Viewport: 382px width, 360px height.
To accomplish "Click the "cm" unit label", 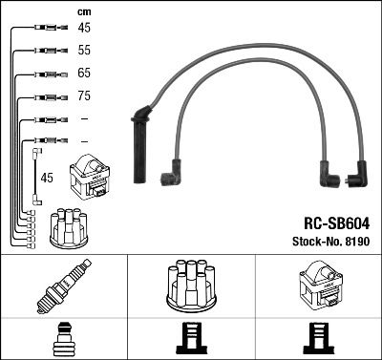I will click(x=83, y=11).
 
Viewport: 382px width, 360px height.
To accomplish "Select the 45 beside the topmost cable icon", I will click(x=84, y=28).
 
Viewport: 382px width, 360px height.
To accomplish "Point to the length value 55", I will click(x=84, y=50).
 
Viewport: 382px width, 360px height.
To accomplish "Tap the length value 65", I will click(x=84, y=74).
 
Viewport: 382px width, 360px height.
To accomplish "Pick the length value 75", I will click(x=84, y=96).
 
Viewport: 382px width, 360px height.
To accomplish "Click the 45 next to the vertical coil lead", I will click(x=48, y=177).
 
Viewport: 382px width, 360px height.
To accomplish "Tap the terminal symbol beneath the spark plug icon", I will click(x=63, y=338).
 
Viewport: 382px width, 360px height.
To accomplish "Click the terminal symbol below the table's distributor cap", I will click(x=191, y=338).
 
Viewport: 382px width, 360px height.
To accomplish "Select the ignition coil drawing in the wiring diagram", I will click(x=90, y=177).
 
